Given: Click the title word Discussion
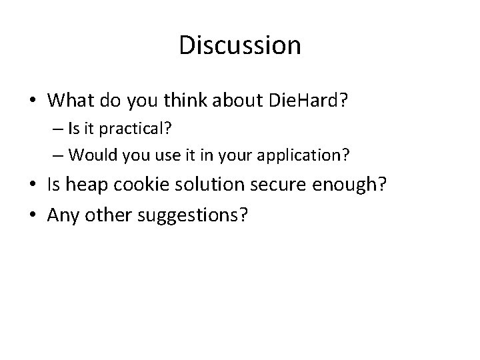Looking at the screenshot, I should pos(240,46).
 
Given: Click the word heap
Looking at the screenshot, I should pos(89,185).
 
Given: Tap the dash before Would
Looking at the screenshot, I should pos(58,156).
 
